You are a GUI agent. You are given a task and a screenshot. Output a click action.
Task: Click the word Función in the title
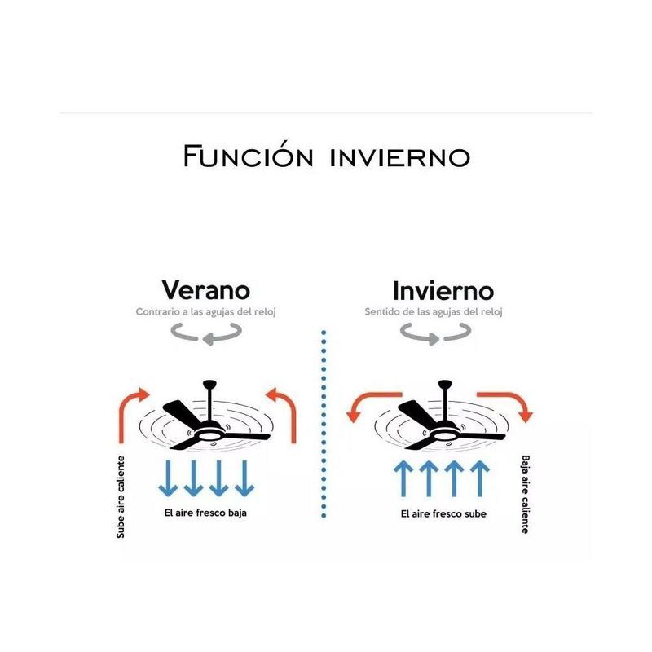tap(249, 156)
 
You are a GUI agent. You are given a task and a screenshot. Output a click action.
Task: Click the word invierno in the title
tap(400, 157)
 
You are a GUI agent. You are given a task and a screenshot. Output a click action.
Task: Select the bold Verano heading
tap(206, 290)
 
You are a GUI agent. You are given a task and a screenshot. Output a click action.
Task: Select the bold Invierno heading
tap(443, 291)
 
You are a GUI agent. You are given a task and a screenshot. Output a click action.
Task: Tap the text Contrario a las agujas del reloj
tap(206, 312)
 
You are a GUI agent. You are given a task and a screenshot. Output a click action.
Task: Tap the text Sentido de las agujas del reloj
tap(434, 312)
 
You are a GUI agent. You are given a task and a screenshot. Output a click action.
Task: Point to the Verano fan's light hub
tap(209, 435)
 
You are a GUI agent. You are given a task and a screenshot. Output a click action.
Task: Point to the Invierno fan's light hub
tap(444, 435)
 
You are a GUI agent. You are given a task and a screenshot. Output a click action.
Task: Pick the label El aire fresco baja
tap(205, 513)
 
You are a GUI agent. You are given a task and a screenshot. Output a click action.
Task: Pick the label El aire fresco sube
tap(443, 514)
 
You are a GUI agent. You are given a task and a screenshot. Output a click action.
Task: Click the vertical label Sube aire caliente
tap(121, 497)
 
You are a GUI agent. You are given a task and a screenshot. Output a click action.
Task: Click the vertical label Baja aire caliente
tap(526, 495)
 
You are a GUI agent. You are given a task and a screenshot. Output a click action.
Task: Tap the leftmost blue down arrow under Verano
tap(168, 478)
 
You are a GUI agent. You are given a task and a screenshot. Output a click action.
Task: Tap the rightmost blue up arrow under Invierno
tap(480, 478)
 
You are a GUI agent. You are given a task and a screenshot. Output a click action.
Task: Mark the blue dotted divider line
tap(324, 424)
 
